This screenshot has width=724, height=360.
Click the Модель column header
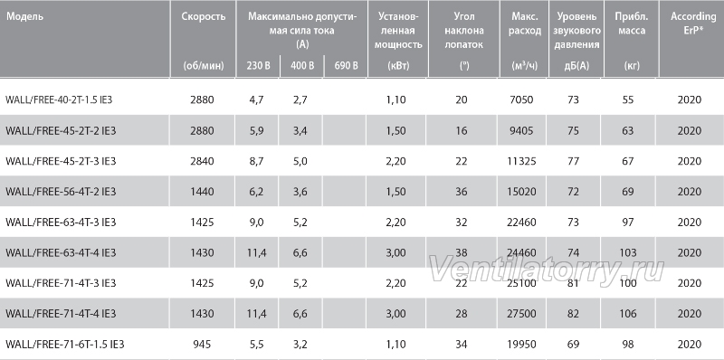24,16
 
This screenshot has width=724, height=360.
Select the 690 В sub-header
346,65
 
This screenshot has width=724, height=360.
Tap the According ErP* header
693,24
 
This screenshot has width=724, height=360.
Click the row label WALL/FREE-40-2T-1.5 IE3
59,100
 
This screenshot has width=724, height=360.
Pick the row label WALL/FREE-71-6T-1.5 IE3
65,345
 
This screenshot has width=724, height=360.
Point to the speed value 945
202,345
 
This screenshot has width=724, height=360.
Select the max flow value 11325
524,161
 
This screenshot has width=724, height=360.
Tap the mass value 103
627,252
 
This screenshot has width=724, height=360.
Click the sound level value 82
573,314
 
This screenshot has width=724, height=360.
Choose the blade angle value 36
462,192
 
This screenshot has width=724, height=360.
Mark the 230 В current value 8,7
255,161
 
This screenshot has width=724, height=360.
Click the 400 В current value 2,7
300,100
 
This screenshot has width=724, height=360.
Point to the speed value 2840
202,161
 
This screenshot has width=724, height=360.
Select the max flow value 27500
524,314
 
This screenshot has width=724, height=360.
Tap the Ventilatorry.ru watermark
548,270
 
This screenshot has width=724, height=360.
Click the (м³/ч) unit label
525,65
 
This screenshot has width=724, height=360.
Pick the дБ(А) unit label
576,65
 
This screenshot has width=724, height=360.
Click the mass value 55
627,100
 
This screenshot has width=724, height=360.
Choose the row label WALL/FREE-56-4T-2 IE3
61,192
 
